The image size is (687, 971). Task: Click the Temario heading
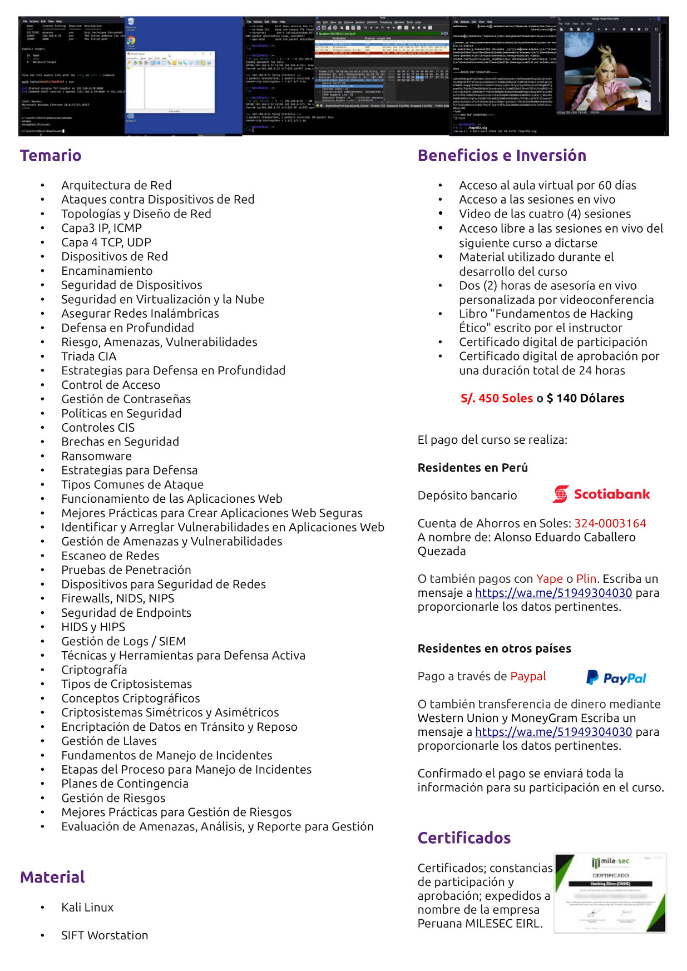click(x=51, y=156)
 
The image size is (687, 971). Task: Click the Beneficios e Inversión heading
click(x=502, y=156)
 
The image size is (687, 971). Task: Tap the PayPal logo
click(x=616, y=677)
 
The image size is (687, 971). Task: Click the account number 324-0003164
click(x=610, y=523)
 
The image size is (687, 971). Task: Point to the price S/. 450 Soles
click(x=496, y=398)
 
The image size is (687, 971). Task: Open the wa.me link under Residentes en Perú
click(x=553, y=593)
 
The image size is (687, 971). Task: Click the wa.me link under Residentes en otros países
click(x=553, y=732)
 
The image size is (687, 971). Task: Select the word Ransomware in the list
click(x=96, y=456)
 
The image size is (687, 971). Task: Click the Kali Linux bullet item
click(x=87, y=907)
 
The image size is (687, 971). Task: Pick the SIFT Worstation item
click(x=105, y=935)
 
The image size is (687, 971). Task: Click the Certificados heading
click(x=464, y=838)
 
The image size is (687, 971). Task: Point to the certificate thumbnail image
click(x=610, y=893)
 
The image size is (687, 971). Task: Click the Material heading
click(x=52, y=878)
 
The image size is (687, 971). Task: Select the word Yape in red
click(x=549, y=579)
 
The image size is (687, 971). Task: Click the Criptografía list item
click(x=94, y=670)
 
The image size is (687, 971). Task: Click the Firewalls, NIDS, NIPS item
click(x=117, y=598)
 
